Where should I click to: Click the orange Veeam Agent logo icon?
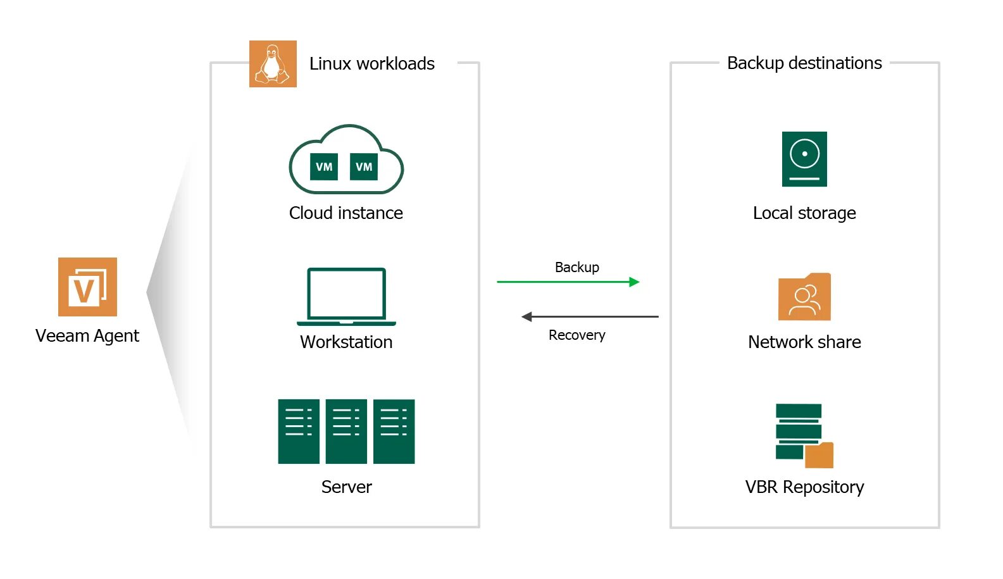coord(87,287)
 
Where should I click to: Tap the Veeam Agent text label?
coord(87,335)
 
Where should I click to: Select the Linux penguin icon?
coord(273,64)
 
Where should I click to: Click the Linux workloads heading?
coord(371,64)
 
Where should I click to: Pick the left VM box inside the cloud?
coord(324,166)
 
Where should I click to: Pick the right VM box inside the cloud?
coord(364,166)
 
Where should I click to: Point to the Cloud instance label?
coord(346,213)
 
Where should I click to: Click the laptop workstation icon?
coord(346,296)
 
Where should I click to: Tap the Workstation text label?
coord(346,342)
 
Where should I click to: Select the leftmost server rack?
coord(299,432)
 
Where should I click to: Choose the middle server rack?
coord(346,432)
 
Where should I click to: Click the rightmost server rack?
coord(394,432)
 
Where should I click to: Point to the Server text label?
coord(346,487)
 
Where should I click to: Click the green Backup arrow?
coord(568,282)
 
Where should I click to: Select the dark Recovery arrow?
coord(590,316)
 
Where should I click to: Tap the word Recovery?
coord(576,335)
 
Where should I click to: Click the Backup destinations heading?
coord(804,63)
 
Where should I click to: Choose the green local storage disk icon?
coord(804,159)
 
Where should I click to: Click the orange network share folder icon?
coord(804,297)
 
